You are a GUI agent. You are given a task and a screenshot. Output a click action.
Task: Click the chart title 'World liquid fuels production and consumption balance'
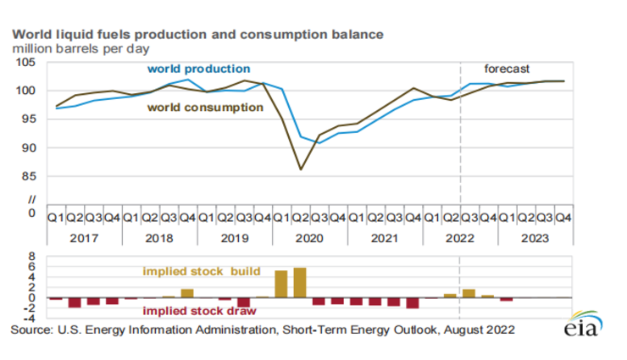197,35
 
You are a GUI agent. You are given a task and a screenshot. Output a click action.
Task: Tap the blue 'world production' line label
198,68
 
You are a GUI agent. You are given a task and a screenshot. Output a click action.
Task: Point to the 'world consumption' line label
205,108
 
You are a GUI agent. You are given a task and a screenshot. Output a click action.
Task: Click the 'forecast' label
506,68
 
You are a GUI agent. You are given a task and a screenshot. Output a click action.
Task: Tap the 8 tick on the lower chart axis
35,255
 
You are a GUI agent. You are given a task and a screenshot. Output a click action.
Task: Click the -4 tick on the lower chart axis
32,318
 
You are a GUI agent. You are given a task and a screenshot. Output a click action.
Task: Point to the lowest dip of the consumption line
300,169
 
